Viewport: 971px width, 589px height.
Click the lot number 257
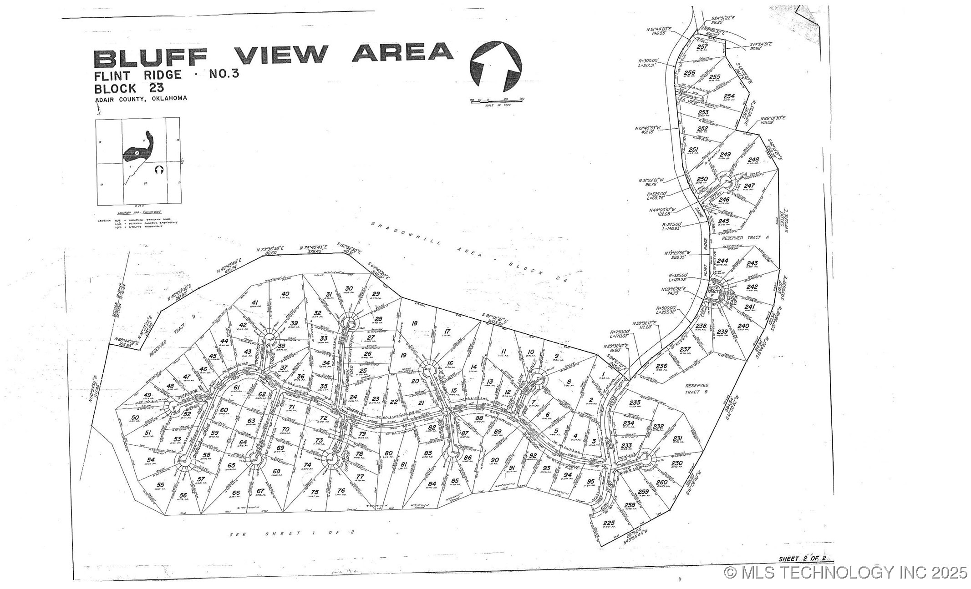pos(702,47)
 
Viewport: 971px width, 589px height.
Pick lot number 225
pos(609,523)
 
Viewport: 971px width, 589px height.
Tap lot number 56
pos(183,495)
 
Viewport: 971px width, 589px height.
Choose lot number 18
pos(414,323)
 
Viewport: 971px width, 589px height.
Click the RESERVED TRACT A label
pos(738,238)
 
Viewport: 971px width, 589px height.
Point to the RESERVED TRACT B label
pos(696,388)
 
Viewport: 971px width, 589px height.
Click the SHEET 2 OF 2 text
pos(802,559)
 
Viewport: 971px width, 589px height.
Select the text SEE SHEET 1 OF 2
pos(292,534)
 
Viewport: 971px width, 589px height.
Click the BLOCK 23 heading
pos(129,88)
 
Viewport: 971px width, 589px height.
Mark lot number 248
pos(753,160)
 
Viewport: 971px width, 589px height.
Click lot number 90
pos(495,460)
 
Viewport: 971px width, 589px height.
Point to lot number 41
pos(255,302)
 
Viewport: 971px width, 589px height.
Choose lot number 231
pos(677,438)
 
